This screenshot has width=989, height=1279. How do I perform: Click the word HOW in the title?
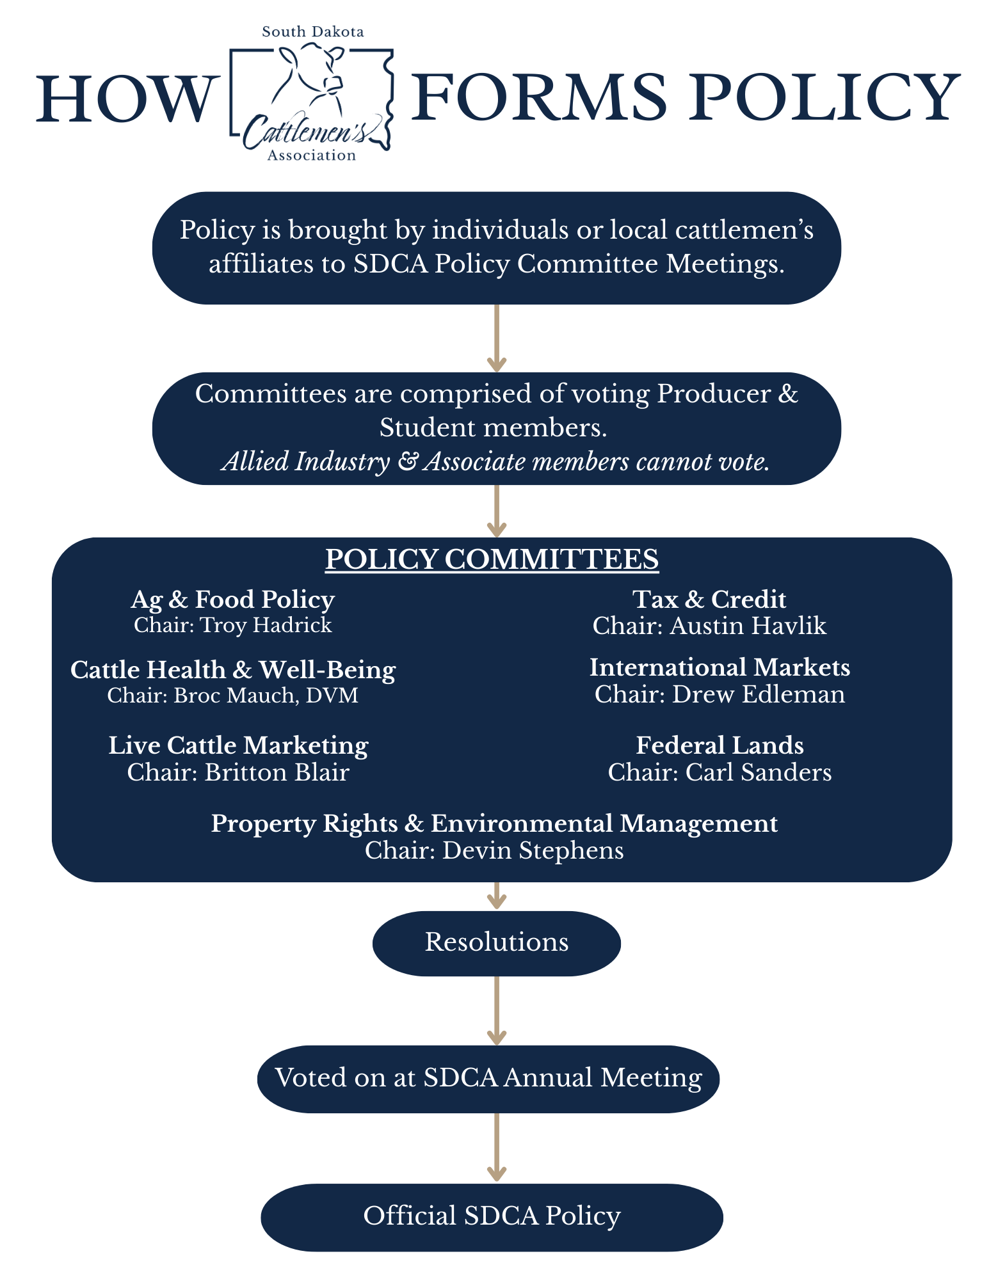[124, 99]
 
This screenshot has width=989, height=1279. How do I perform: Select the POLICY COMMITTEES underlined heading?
[492, 559]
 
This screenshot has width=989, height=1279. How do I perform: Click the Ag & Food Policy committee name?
[233, 600]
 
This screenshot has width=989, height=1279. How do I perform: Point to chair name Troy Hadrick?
[266, 625]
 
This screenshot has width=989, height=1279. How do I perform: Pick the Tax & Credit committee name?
[709, 600]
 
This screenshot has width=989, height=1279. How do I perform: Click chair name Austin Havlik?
[748, 626]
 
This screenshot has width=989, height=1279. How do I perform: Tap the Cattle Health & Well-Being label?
[233, 670]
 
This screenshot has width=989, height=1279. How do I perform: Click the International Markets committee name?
[720, 667]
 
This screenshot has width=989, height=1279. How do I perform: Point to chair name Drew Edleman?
[758, 694]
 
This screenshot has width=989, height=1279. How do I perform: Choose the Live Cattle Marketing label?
[238, 745]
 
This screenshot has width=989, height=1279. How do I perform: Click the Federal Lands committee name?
[720, 745]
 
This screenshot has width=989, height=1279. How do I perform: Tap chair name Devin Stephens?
[533, 850]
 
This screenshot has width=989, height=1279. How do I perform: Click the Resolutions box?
[497, 942]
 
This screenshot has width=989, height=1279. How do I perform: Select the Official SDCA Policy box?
[492, 1216]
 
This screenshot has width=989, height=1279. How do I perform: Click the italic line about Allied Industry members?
[495, 461]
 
